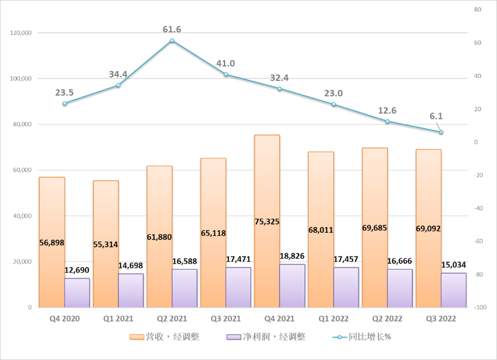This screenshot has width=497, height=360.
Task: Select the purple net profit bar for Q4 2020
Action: click(x=77, y=293)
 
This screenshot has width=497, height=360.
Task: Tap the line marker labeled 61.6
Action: click(x=172, y=41)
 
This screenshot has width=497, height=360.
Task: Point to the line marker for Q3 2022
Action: click(x=441, y=132)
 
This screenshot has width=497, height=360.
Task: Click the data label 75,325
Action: click(x=267, y=221)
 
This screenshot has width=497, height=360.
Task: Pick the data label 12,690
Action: click(x=77, y=270)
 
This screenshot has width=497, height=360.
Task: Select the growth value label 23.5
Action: click(x=64, y=92)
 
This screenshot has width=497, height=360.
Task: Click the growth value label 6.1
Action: click(x=435, y=116)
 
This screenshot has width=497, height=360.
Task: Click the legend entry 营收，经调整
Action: click(x=164, y=337)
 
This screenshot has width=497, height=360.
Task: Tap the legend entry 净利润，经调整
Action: click(x=267, y=337)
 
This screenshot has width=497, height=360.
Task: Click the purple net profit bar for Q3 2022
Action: click(x=453, y=290)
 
